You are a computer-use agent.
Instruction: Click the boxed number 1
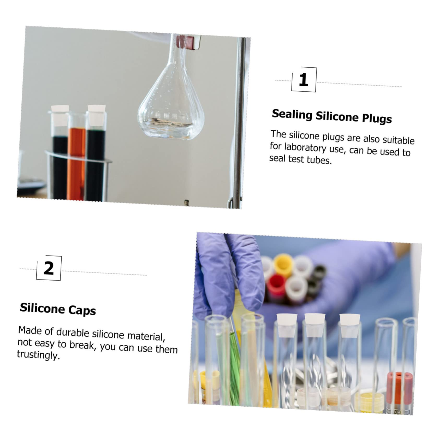(x=304, y=80)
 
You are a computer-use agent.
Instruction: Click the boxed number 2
(x=49, y=268)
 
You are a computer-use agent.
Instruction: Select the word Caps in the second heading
(x=82, y=310)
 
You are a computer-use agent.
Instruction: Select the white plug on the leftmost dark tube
(x=60, y=115)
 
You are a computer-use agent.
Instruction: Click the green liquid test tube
(x=234, y=365)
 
